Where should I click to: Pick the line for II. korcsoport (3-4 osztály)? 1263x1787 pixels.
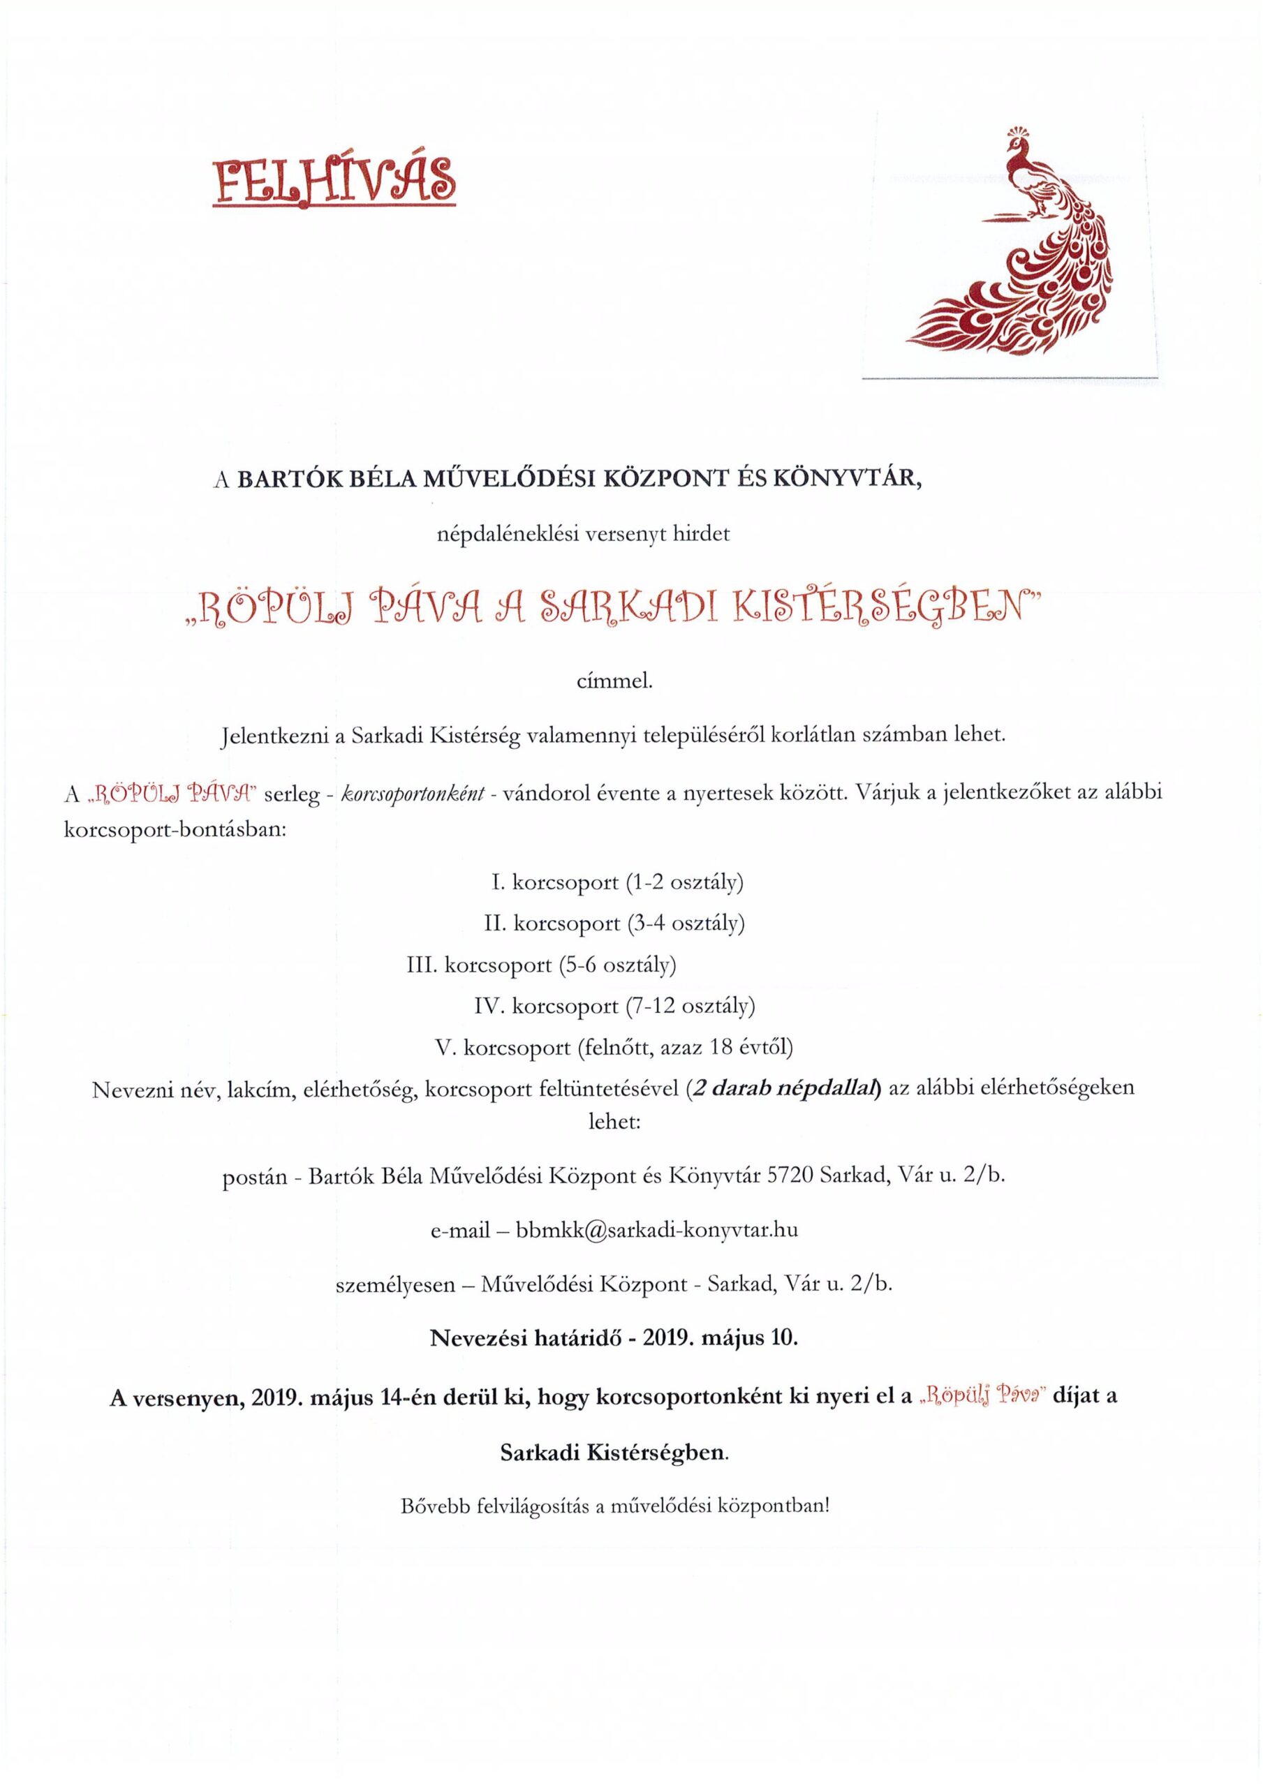(614, 924)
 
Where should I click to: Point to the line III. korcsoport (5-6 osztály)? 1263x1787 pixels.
(541, 965)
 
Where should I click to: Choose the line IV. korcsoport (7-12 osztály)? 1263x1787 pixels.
(614, 1007)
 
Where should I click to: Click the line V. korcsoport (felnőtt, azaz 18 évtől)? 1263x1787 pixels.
(614, 1048)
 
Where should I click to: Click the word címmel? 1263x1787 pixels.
(612, 683)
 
